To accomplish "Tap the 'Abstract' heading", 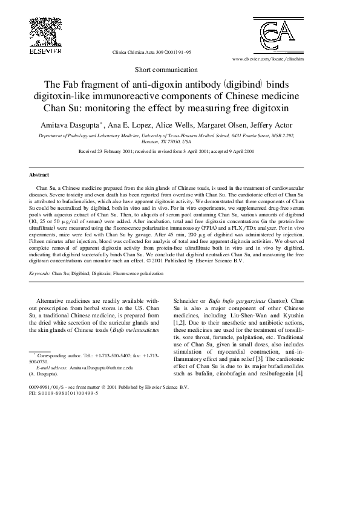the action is (x=39, y=175).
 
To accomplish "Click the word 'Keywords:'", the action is (x=39, y=273).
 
